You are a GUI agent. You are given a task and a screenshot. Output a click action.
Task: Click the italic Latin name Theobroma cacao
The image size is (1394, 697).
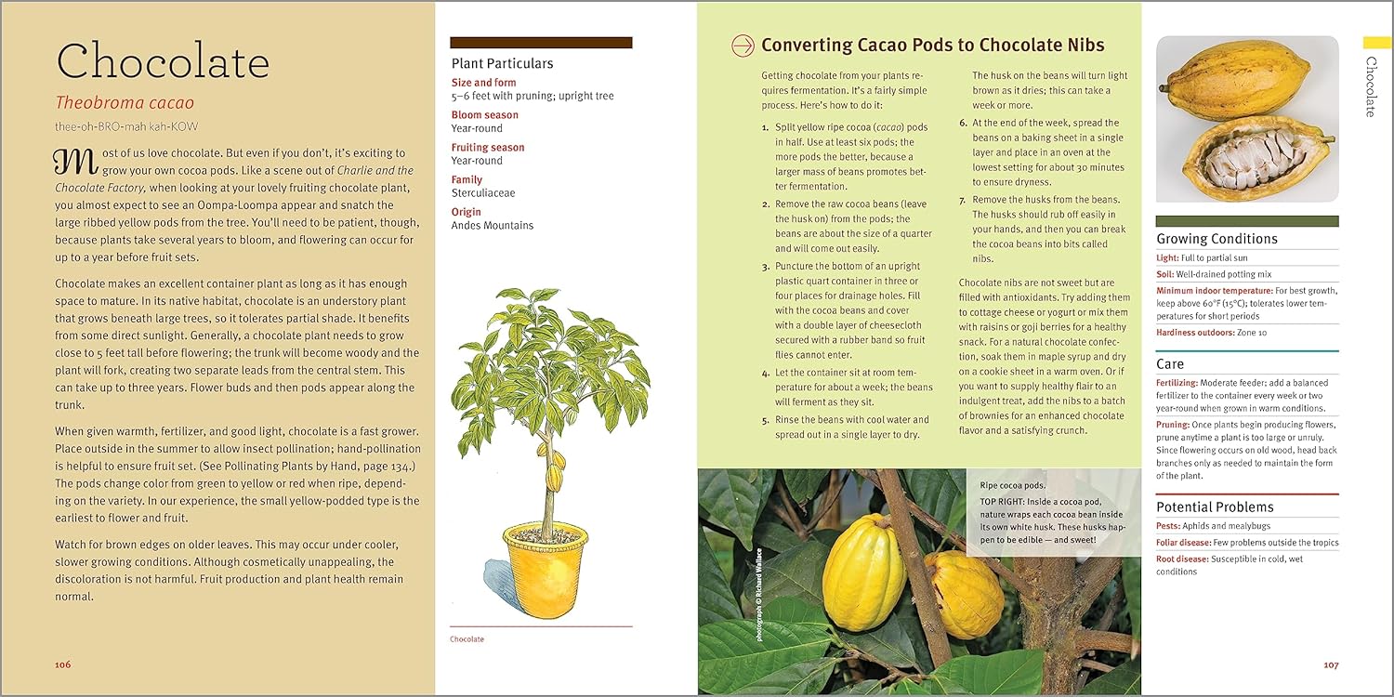[x=125, y=103]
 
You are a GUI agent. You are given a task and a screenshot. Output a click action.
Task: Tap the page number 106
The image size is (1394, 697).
[x=62, y=664]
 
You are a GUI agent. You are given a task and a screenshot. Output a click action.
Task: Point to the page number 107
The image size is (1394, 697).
[x=1331, y=664]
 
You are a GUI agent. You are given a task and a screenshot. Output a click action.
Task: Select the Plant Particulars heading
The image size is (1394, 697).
[x=502, y=63]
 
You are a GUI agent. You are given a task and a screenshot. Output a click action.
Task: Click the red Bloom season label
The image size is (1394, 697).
[x=484, y=115]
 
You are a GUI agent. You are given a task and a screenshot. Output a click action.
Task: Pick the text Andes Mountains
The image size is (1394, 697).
[x=492, y=225]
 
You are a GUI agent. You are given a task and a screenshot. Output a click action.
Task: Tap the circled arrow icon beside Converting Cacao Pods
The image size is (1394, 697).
[x=743, y=45]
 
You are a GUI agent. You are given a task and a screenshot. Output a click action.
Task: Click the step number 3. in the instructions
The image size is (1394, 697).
[x=765, y=267]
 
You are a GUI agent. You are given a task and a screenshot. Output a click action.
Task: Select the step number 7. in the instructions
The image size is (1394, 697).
[x=963, y=200]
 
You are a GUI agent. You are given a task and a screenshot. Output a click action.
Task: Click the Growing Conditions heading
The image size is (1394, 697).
[x=1216, y=239]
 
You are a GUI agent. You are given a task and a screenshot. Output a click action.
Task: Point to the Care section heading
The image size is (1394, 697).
[x=1170, y=363]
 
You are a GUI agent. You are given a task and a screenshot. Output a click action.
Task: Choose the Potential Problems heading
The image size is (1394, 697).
[x=1215, y=506]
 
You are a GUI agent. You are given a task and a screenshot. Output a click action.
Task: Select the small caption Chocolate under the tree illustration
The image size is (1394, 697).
[x=467, y=639]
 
